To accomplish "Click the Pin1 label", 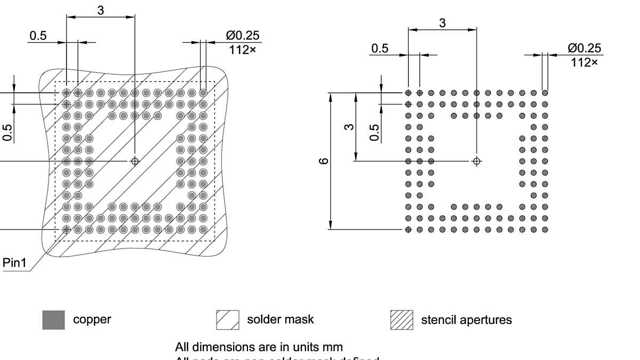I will click(x=14, y=263).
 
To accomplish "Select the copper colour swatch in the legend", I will click(x=53, y=320).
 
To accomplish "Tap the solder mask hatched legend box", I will click(x=227, y=320).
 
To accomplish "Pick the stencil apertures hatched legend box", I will click(x=402, y=320).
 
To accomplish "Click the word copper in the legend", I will click(x=92, y=320).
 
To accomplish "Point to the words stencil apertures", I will click(x=466, y=320).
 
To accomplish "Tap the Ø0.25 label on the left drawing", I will click(x=243, y=36).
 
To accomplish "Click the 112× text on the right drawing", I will click(x=584, y=62).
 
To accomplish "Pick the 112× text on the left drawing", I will click(x=243, y=50).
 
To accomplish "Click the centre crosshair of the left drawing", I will click(x=134, y=161).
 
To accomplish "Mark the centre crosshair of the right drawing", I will click(x=477, y=161).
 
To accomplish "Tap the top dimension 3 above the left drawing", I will click(x=101, y=10).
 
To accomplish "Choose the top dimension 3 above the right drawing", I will click(x=442, y=23).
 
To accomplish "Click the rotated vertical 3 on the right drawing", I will click(x=349, y=127).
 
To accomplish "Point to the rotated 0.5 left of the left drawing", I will click(x=8, y=132).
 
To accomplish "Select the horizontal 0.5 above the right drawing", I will click(x=380, y=49).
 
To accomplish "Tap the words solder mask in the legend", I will click(x=280, y=319).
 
